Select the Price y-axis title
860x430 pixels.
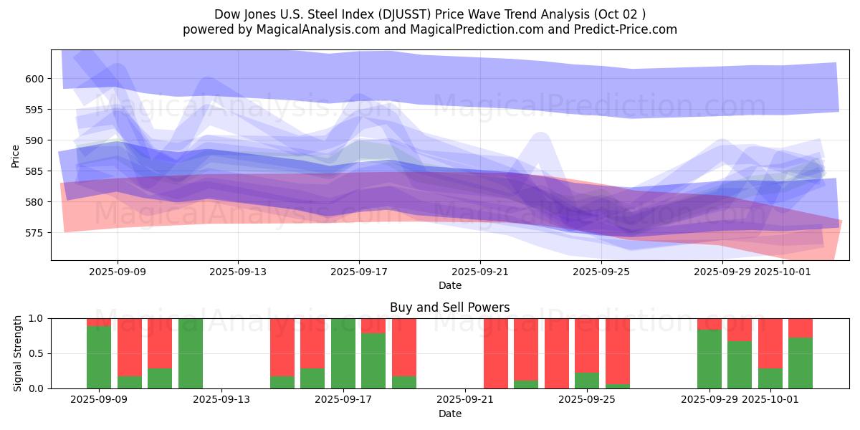coord(16,155)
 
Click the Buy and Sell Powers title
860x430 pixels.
coord(449,307)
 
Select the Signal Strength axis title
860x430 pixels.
coord(19,353)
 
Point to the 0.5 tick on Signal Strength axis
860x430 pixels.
coord(36,353)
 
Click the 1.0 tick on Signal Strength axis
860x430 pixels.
coord(36,318)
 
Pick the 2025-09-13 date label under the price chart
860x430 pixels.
coord(238,272)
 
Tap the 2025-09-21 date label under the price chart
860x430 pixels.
coord(480,272)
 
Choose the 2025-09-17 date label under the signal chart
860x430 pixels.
coord(343,400)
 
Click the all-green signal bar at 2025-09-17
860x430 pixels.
coord(343,353)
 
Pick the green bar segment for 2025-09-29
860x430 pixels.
coord(709,359)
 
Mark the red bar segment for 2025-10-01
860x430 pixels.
coord(770,343)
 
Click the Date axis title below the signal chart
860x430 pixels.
coord(449,414)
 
